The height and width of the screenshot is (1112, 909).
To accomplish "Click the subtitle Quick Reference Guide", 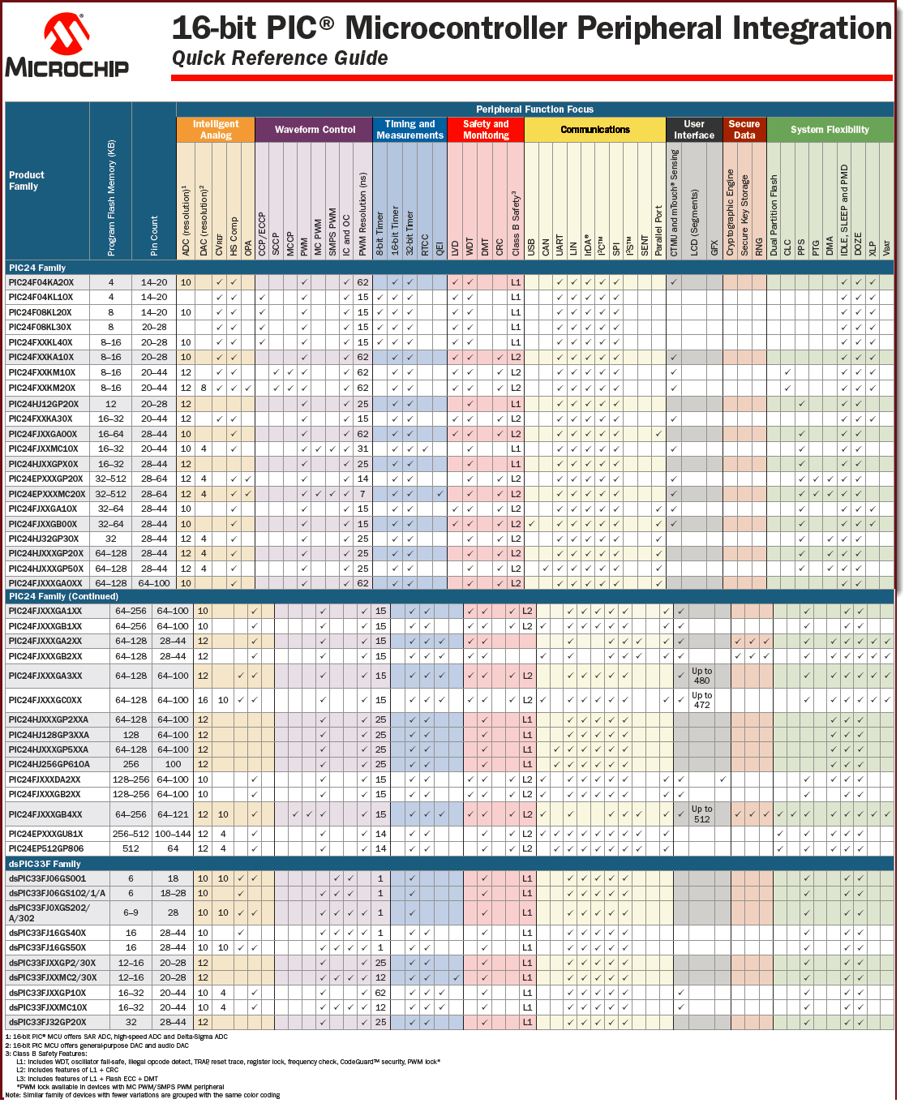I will [x=280, y=58].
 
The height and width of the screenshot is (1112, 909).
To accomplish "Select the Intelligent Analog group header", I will [x=216, y=130].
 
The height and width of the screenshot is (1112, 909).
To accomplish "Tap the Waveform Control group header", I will [x=315, y=130].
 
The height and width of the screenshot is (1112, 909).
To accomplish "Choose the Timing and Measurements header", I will [x=409, y=130].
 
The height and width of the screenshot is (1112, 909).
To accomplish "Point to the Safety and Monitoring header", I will [x=486, y=130].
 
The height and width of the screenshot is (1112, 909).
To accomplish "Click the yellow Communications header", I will [x=595, y=130].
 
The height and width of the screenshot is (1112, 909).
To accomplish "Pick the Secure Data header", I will [x=744, y=130].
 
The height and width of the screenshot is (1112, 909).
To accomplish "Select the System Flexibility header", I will [x=830, y=130].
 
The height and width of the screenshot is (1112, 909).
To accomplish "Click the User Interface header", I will [x=694, y=130].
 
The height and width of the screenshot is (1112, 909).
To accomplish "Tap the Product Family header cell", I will [x=27, y=181].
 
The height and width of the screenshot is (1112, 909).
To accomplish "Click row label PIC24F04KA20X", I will [x=41, y=282].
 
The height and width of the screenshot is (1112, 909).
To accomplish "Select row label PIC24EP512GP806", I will [x=46, y=848].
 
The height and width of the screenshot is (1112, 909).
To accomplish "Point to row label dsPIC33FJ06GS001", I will [x=47, y=878].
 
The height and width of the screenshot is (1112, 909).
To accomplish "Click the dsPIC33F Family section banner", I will [x=45, y=864].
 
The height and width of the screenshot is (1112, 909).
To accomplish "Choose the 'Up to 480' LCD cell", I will [x=701, y=676].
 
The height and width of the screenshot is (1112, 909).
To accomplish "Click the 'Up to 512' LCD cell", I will [x=701, y=814].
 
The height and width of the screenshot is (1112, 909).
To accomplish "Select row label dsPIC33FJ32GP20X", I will [x=47, y=1022].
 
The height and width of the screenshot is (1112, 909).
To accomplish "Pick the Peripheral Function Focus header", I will [x=534, y=109].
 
